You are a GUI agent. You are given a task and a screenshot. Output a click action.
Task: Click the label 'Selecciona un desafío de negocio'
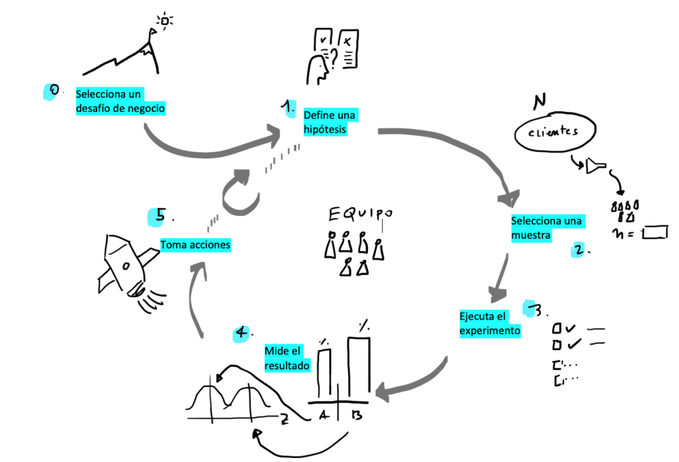click(119, 101)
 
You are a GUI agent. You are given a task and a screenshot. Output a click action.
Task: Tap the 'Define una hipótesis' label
click(329, 123)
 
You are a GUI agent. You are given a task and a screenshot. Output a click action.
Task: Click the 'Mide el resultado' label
click(287, 358)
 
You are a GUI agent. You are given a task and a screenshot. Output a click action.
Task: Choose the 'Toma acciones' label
click(196, 245)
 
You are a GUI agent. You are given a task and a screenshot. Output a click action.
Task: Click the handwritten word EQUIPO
click(361, 213)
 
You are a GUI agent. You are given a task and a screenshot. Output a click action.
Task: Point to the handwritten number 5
click(160, 215)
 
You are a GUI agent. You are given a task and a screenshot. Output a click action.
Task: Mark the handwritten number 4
click(241, 332)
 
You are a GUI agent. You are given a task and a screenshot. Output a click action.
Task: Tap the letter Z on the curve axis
click(284, 418)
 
